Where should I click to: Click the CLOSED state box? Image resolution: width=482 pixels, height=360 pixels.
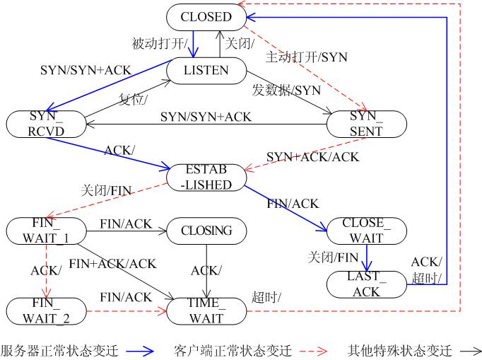click(x=206, y=16)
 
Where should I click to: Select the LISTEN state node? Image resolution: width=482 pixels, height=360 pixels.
click(x=206, y=70)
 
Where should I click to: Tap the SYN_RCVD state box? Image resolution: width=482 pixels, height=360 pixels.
click(x=46, y=123)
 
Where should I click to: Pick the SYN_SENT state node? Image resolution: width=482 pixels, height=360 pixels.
click(x=367, y=123)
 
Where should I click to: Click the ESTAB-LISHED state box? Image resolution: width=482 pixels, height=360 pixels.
click(x=206, y=176)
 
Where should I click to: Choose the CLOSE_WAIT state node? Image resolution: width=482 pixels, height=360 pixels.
click(x=367, y=230)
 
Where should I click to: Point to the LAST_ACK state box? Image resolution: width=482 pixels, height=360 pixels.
click(x=367, y=283)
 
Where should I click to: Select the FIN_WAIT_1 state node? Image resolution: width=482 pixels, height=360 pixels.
click(x=46, y=230)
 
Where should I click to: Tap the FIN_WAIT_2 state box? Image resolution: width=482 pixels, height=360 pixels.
click(x=46, y=310)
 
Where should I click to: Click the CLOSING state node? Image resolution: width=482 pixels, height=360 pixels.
click(x=206, y=230)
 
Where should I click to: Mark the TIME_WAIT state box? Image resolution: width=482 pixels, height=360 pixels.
click(x=206, y=310)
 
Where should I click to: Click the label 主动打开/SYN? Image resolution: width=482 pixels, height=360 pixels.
click(x=307, y=57)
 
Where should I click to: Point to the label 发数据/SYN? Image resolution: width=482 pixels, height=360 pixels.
click(x=286, y=90)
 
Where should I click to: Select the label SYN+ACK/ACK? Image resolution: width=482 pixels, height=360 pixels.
click(x=312, y=156)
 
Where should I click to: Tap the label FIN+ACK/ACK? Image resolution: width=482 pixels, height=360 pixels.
click(x=113, y=264)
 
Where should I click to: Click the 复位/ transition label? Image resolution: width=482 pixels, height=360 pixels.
click(x=134, y=98)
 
